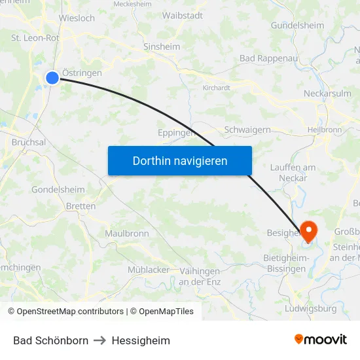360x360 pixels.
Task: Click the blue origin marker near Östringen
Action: tap(52, 78)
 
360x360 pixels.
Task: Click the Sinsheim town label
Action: tap(162, 46)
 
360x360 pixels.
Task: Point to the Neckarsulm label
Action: tap(327, 94)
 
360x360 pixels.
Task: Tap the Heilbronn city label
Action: tap(324, 130)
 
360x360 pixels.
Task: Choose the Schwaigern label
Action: tap(247, 130)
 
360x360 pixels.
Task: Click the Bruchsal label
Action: tap(29, 142)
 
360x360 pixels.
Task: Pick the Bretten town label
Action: tap(81, 206)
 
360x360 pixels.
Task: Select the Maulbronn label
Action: tap(127, 233)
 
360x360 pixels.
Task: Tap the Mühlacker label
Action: tap(148, 269)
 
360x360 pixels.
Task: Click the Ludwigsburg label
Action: tap(312, 308)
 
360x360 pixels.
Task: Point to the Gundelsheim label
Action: tap(297, 26)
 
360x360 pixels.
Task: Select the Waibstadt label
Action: tap(182, 15)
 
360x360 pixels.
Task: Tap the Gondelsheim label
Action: tap(58, 190)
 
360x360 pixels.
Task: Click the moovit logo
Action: tap(321, 339)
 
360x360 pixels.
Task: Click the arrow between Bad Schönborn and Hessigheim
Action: tap(100, 340)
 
